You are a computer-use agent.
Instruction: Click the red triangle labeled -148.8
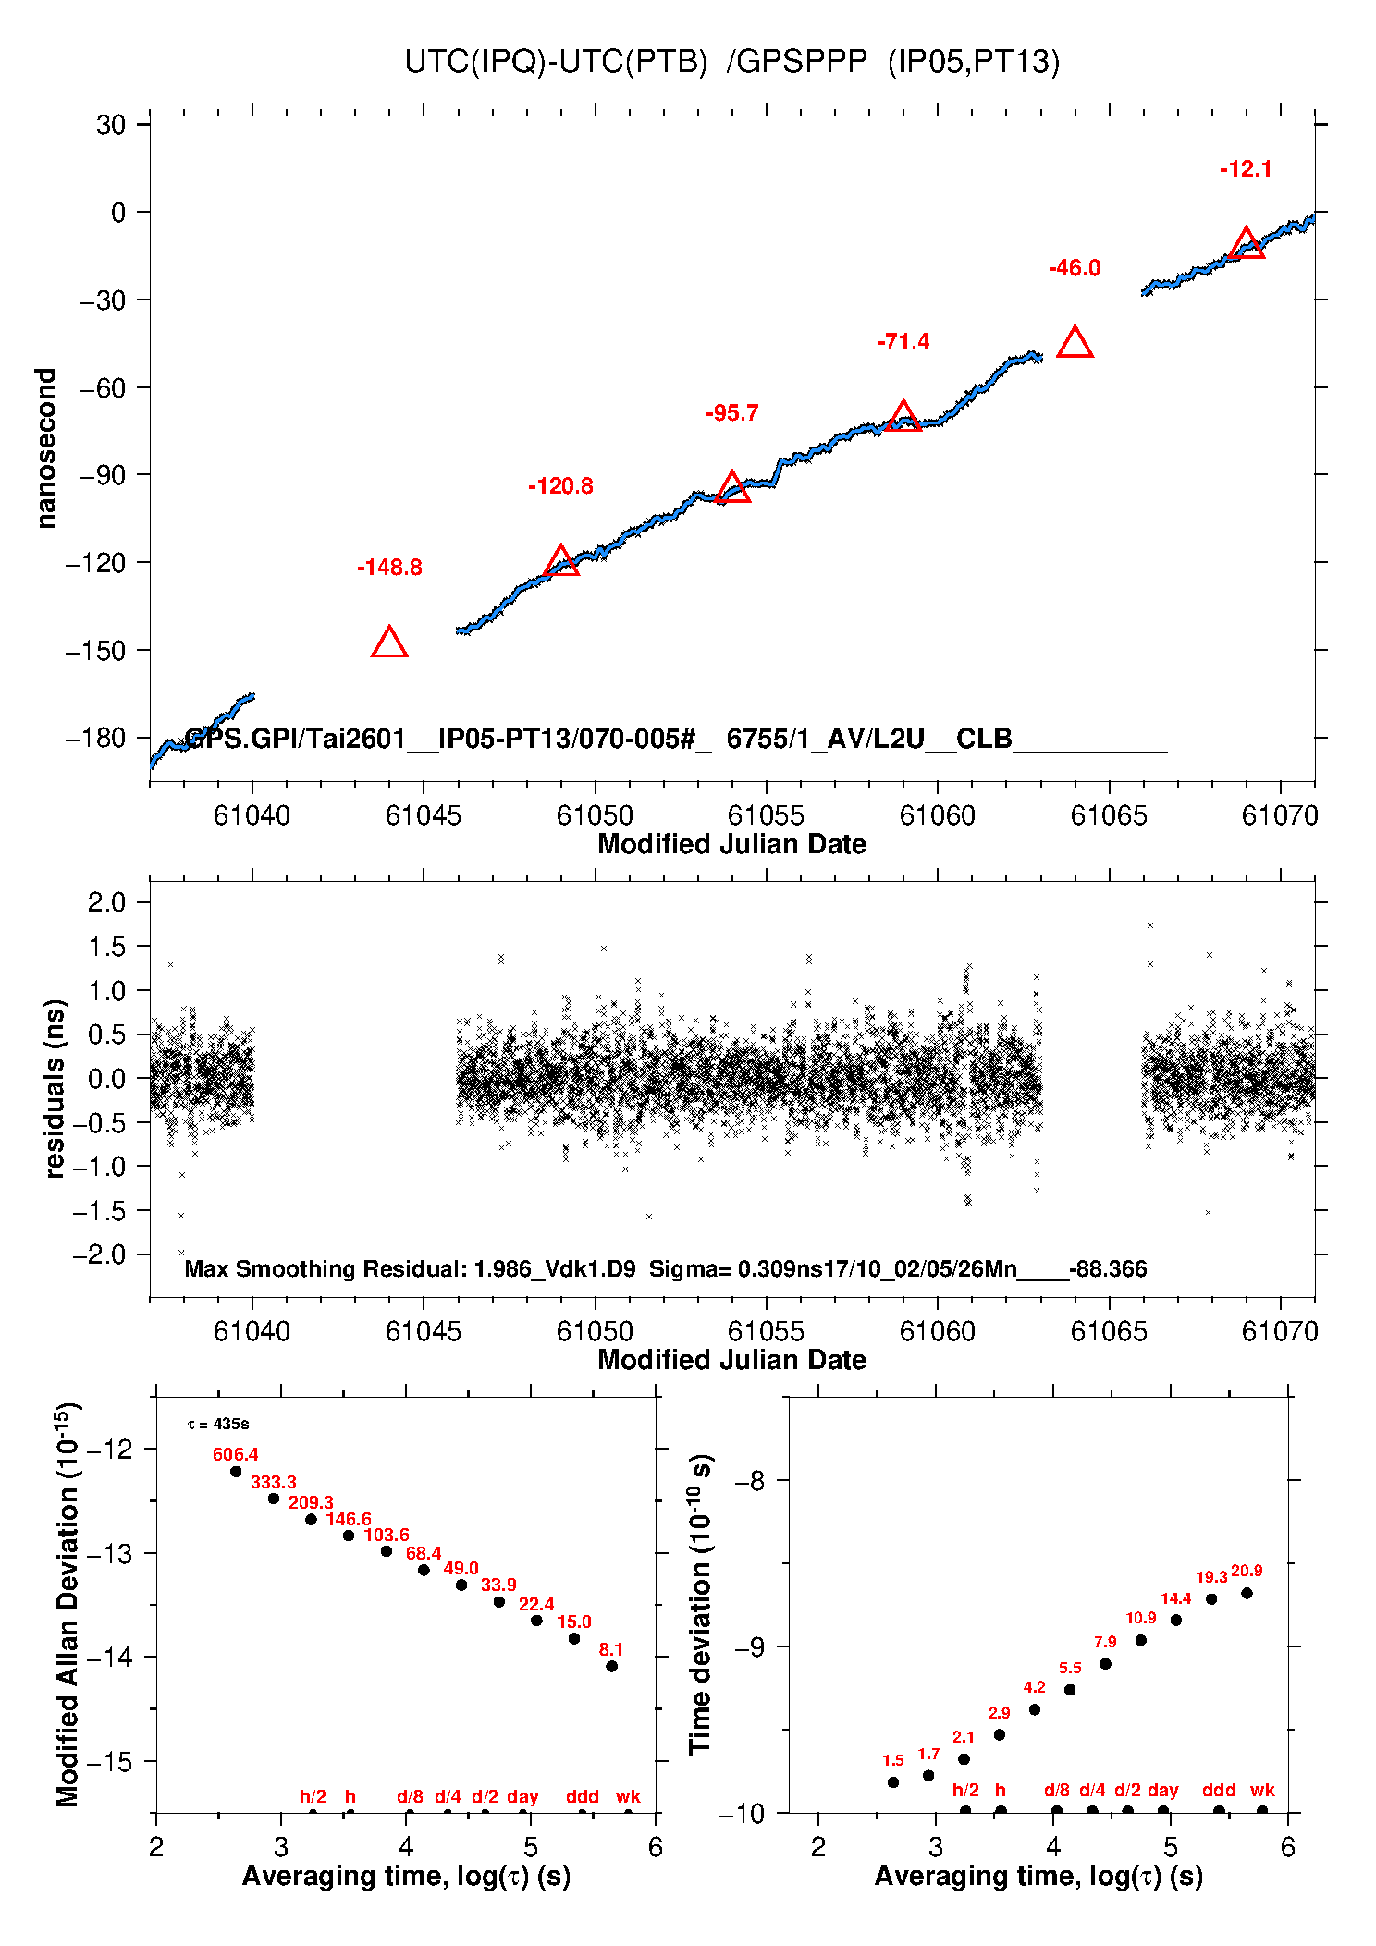tap(389, 643)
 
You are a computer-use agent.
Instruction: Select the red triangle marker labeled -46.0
tap(1075, 343)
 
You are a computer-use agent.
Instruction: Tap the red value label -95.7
tap(731, 413)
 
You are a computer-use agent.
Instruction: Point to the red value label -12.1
tap(1246, 169)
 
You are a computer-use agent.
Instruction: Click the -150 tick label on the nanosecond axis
tap(95, 650)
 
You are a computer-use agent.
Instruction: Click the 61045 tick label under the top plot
tap(424, 815)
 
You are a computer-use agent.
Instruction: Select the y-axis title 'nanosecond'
tap(46, 448)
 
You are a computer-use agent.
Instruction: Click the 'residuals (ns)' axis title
tap(55, 1088)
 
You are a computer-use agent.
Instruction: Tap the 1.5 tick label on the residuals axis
tap(106, 946)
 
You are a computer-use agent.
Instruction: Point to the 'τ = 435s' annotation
tap(218, 1425)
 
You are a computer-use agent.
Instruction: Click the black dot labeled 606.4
tap(236, 1472)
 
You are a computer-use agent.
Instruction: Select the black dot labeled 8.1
tap(611, 1666)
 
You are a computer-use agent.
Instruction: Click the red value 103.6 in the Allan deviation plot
tap(386, 1535)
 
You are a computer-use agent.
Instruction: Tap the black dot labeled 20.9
tap(1247, 1593)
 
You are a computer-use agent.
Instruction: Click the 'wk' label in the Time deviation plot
tap(1262, 1790)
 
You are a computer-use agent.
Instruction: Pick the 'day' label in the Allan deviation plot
tap(522, 1796)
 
